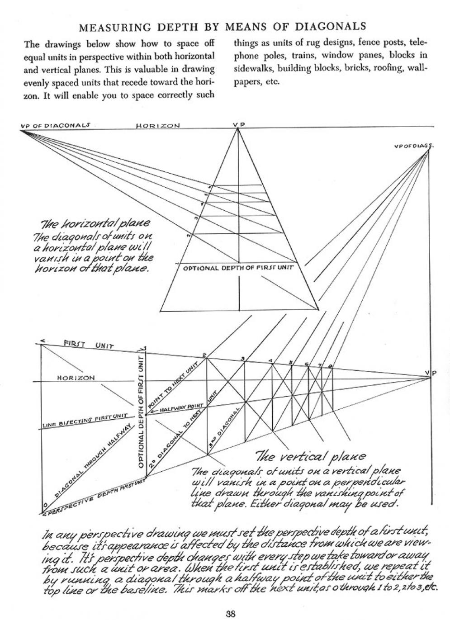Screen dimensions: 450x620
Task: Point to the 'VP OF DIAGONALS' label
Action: [x=55, y=125]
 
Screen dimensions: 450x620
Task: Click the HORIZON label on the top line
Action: [x=158, y=126]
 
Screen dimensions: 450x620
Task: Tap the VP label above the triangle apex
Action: [x=238, y=125]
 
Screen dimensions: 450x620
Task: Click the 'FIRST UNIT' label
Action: [x=88, y=345]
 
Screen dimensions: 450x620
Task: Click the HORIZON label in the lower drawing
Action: [x=76, y=378]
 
